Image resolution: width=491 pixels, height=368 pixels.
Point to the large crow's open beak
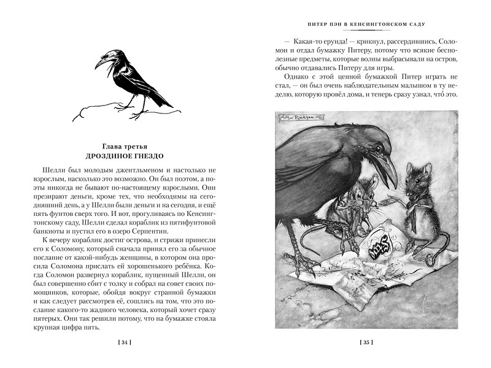tap(387, 173)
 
